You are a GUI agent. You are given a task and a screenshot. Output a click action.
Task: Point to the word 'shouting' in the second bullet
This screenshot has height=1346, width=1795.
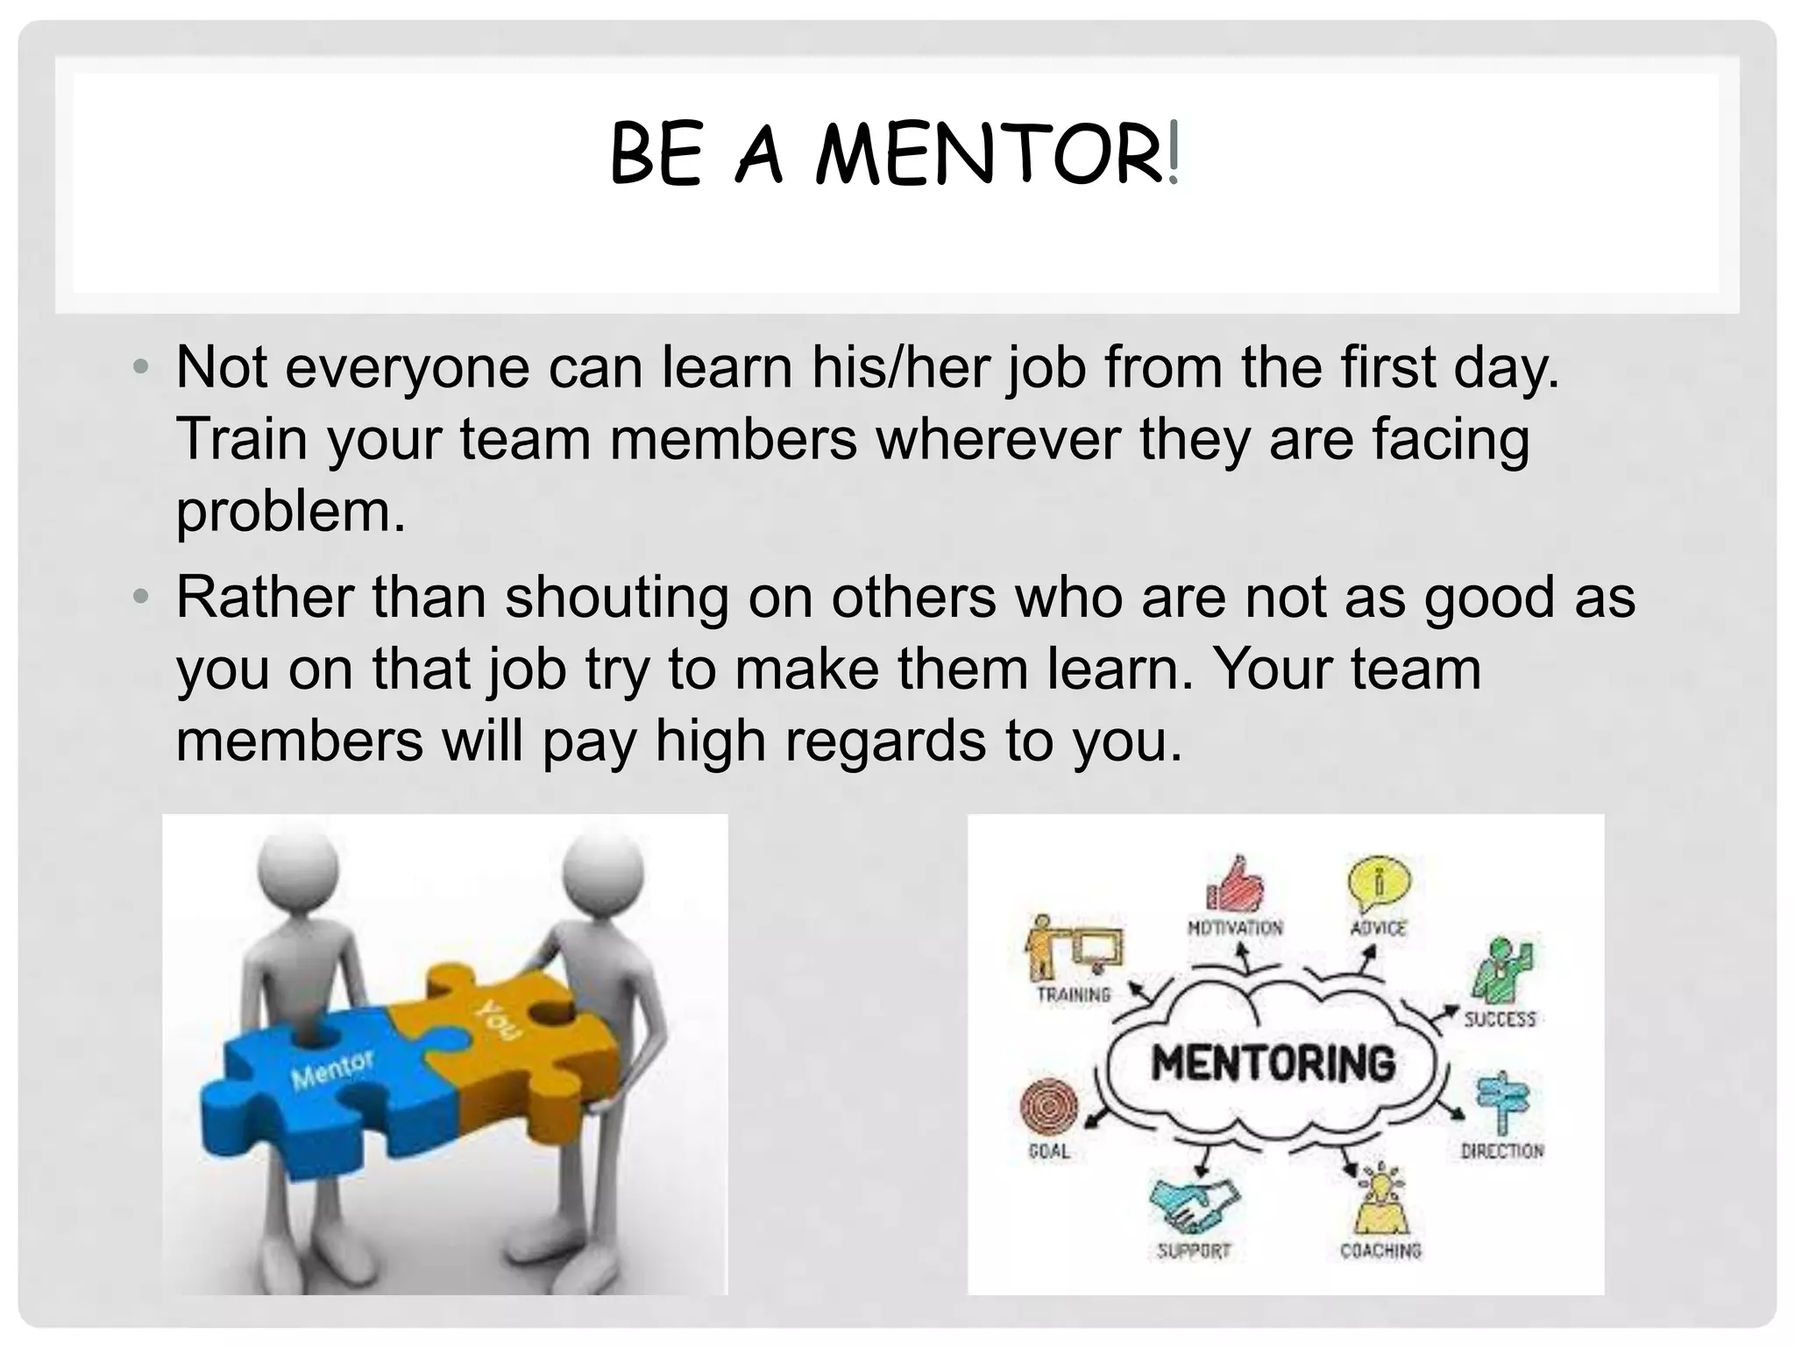pyautogui.click(x=616, y=598)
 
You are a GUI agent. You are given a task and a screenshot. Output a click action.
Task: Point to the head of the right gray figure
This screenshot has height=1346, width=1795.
pyautogui.click(x=602, y=871)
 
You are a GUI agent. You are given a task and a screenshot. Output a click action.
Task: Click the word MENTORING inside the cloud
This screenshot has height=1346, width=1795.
pyautogui.click(x=1273, y=1063)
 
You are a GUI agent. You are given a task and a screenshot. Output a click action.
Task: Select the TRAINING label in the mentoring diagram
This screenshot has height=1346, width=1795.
pyautogui.click(x=1073, y=995)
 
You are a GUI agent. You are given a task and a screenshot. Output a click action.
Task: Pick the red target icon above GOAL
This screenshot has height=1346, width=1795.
pyautogui.click(x=1049, y=1107)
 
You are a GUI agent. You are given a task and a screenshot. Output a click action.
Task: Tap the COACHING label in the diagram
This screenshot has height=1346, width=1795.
pyautogui.click(x=1380, y=1250)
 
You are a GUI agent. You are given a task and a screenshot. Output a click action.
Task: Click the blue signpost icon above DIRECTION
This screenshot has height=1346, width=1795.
pyautogui.click(x=1501, y=1102)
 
